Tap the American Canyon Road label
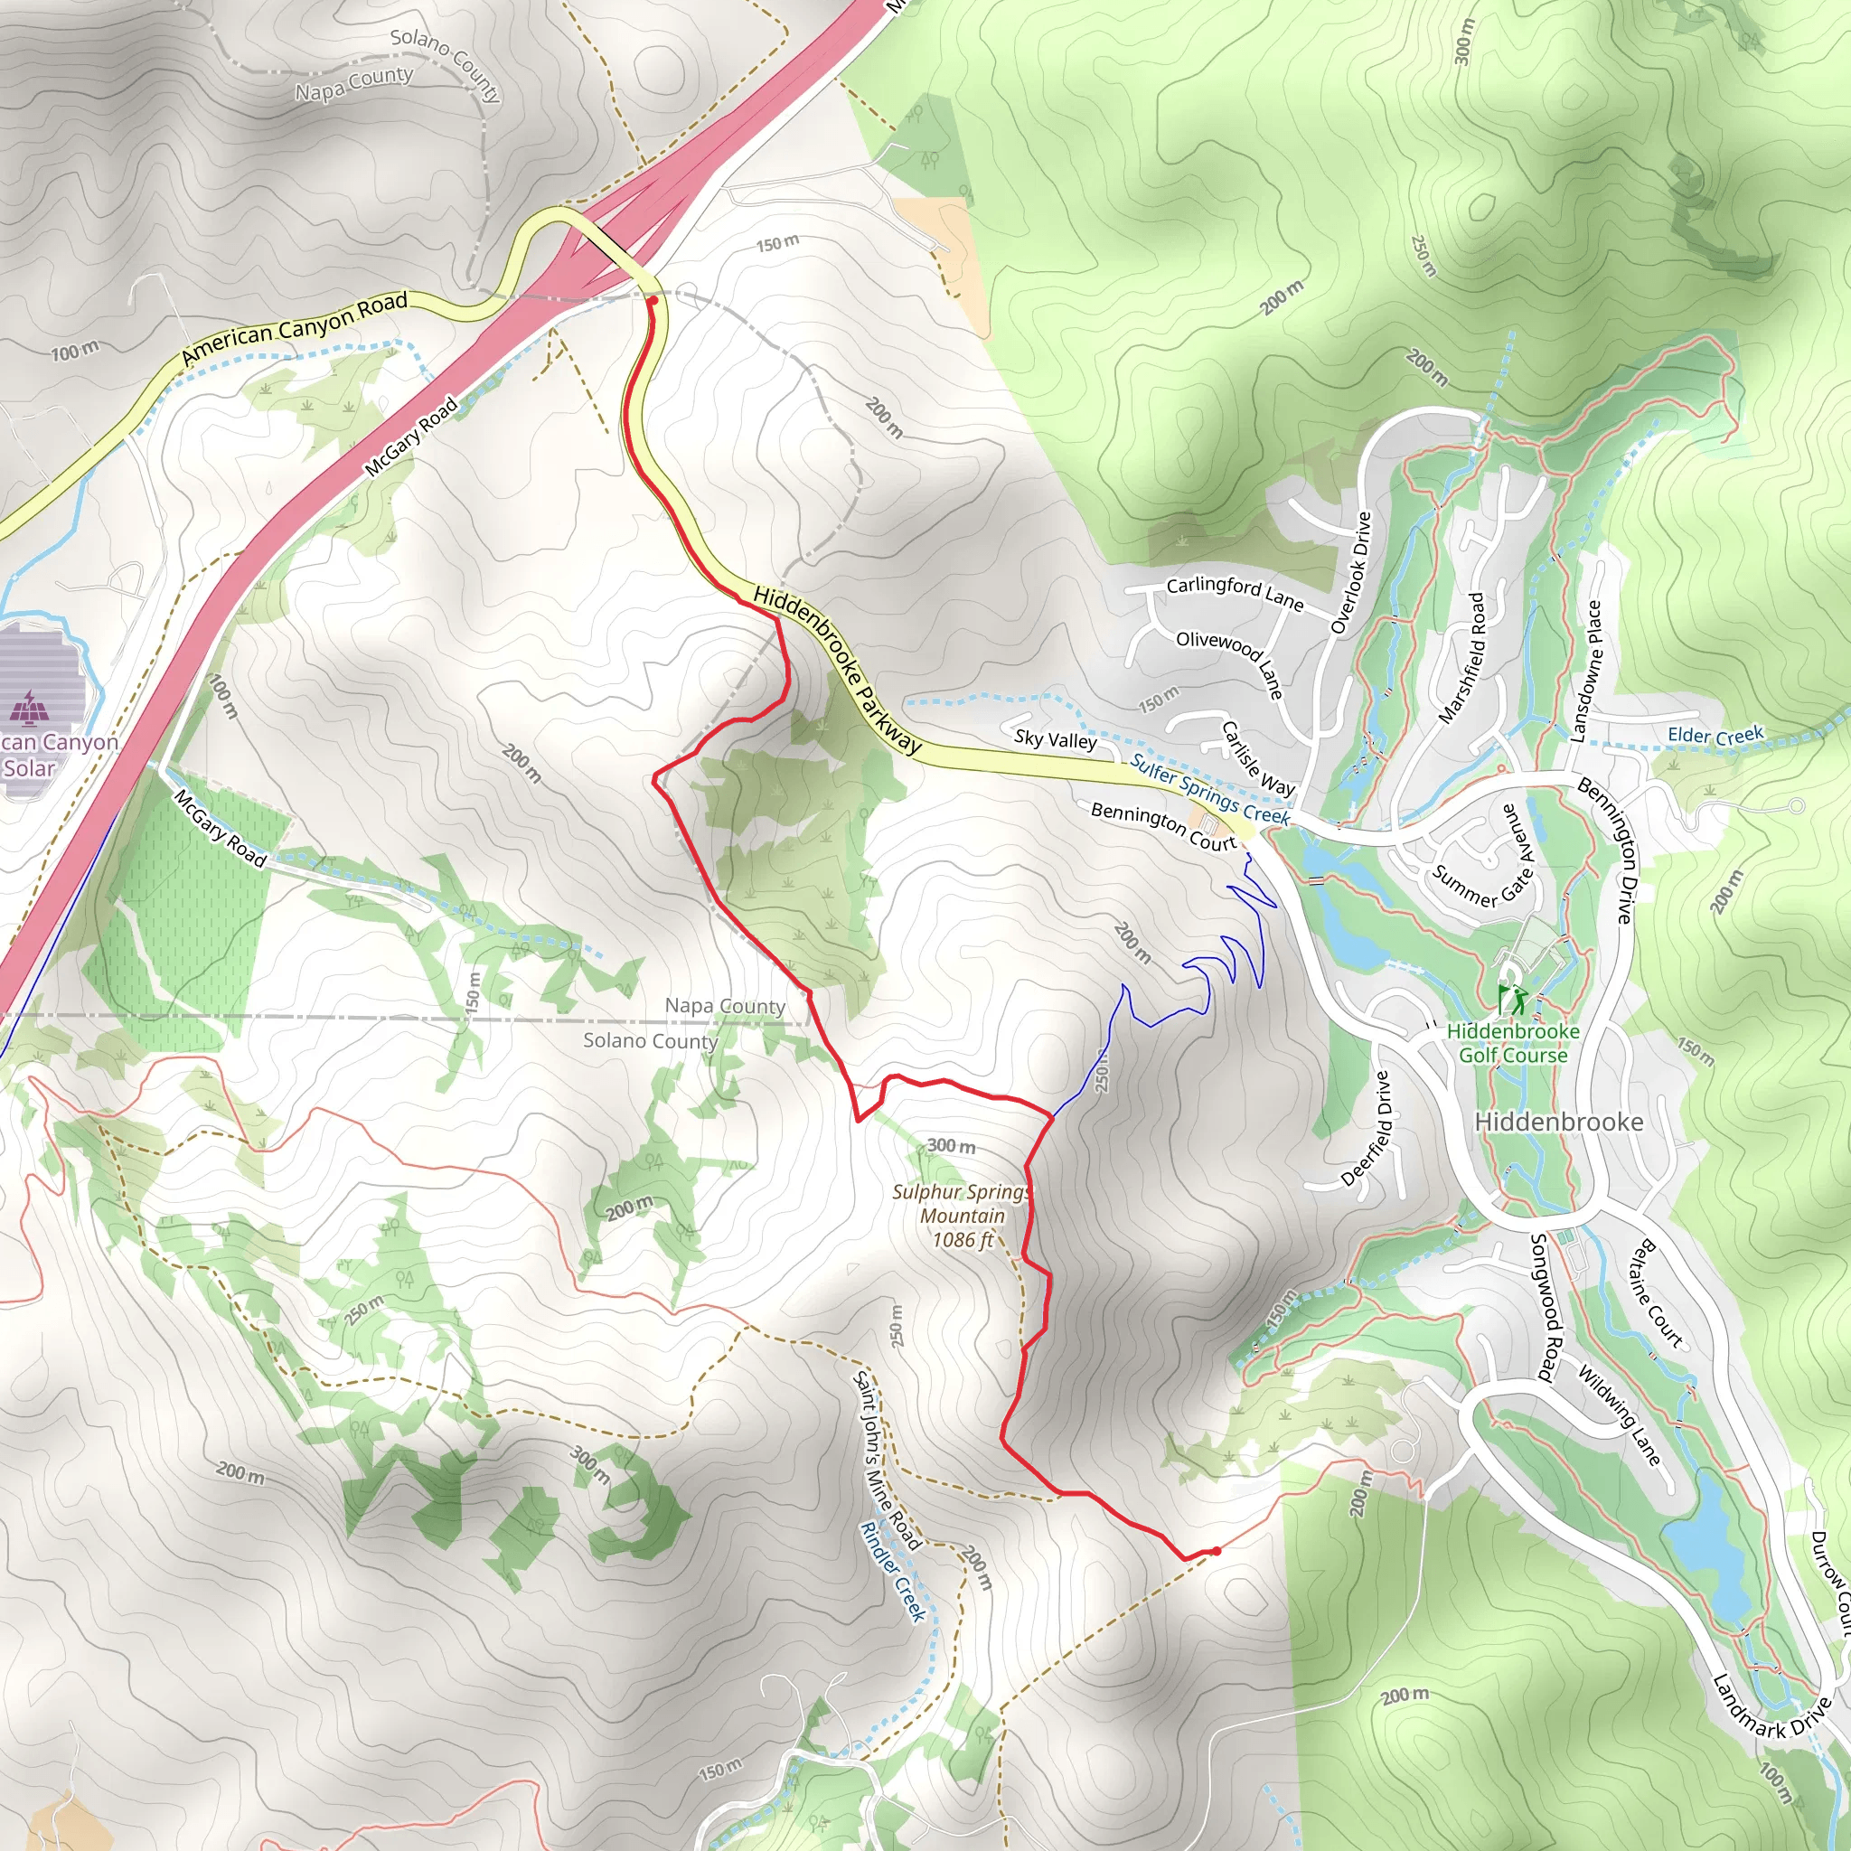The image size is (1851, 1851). (294, 329)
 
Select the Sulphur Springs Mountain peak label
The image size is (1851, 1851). (962, 1216)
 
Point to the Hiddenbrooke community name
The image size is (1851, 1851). (1558, 1122)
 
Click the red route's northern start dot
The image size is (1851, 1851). (653, 301)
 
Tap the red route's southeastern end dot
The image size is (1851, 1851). (1216, 1550)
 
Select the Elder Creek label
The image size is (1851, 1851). (1715, 736)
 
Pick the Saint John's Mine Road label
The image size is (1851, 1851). (887, 1461)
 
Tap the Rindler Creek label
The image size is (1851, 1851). (892, 1571)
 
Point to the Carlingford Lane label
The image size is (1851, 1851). (1234, 593)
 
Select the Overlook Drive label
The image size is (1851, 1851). (1351, 573)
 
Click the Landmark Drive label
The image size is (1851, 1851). (1771, 1720)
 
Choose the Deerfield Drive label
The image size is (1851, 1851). (1367, 1128)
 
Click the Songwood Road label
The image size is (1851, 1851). (1545, 1307)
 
